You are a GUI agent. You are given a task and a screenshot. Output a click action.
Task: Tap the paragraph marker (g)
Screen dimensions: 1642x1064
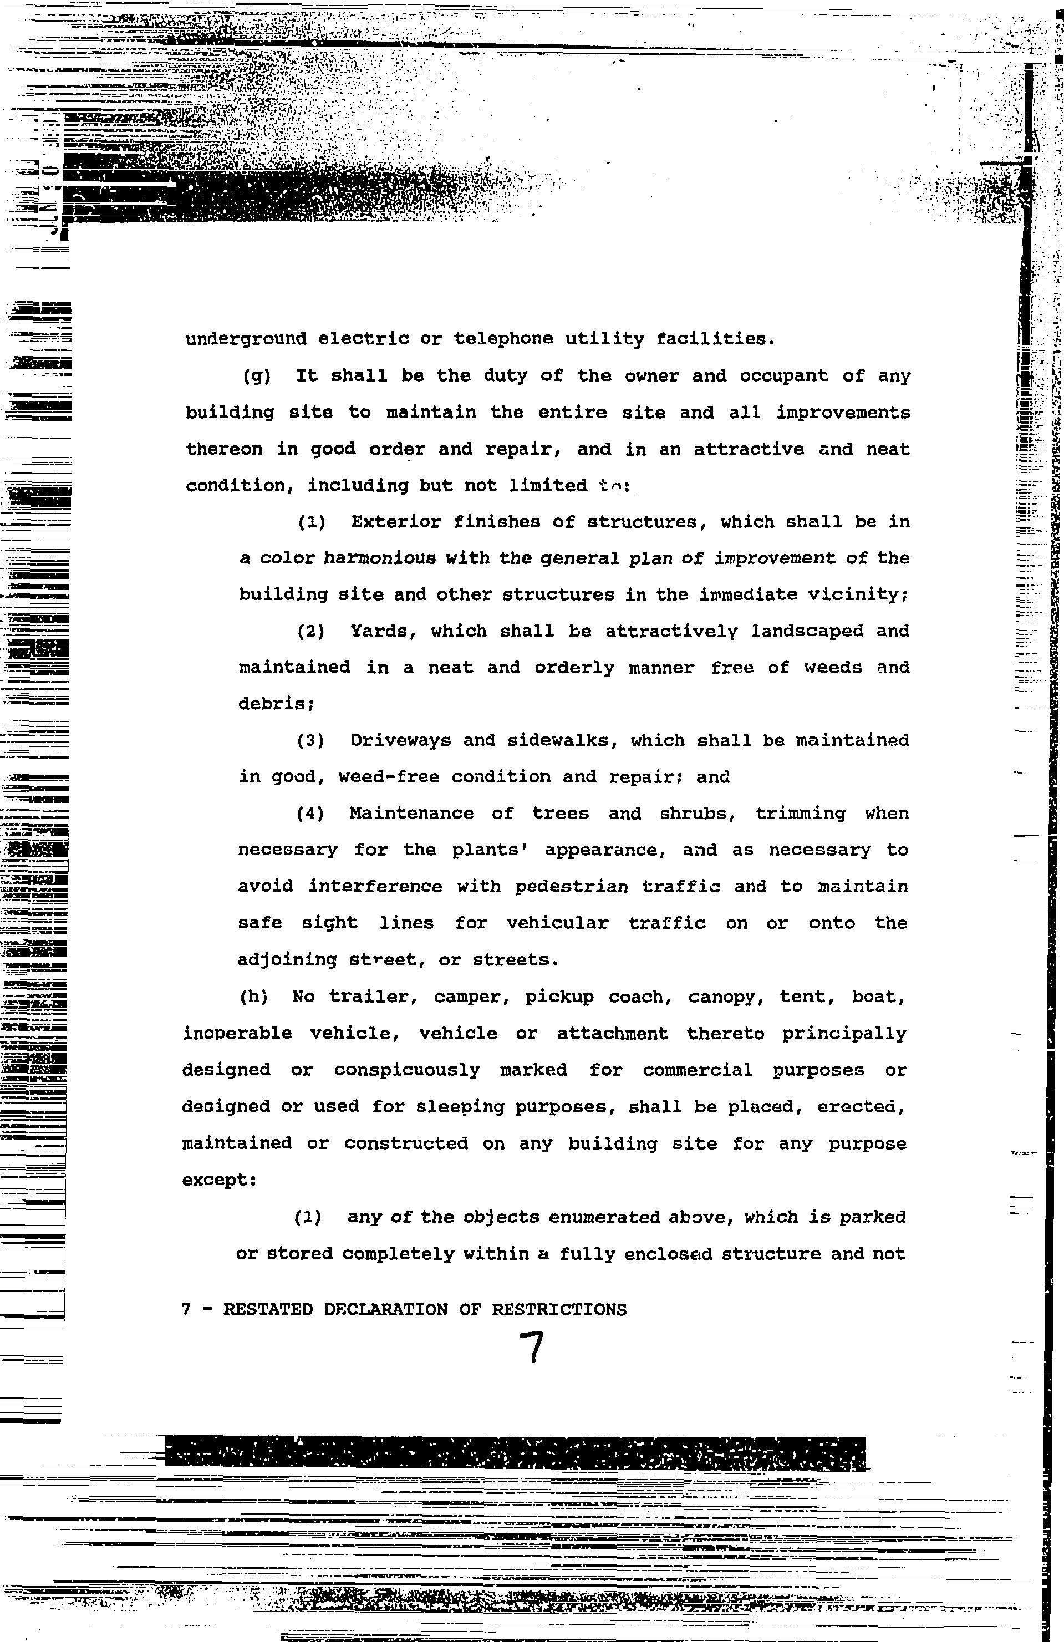257,377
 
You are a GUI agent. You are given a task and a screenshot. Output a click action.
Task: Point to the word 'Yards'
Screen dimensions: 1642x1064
379,631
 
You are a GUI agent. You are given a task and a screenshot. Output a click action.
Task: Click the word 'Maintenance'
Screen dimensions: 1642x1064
411,814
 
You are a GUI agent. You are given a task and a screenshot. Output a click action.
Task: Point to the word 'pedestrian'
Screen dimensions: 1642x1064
571,887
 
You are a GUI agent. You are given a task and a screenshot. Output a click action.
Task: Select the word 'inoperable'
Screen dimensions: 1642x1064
237,1034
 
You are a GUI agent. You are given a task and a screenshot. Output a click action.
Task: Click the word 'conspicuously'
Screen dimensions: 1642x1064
407,1070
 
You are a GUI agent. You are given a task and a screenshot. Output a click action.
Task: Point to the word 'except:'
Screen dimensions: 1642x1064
219,1180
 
